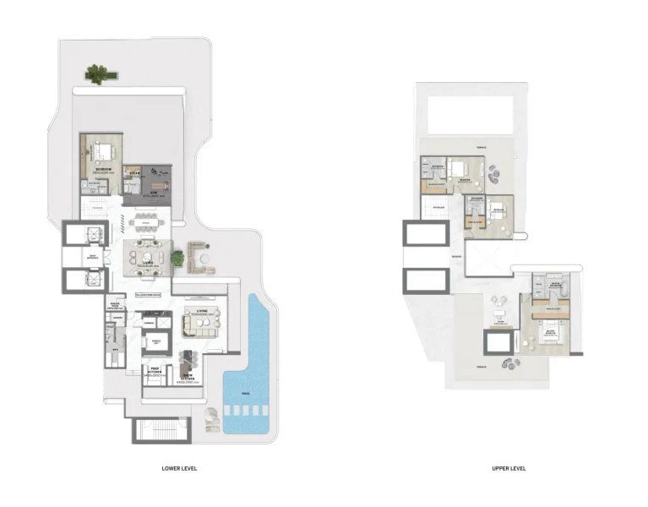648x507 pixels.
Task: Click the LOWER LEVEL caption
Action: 179,467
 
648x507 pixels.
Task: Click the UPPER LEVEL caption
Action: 509,467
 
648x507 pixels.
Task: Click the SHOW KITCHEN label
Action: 188,378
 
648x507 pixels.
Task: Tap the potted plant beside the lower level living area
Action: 177,259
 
